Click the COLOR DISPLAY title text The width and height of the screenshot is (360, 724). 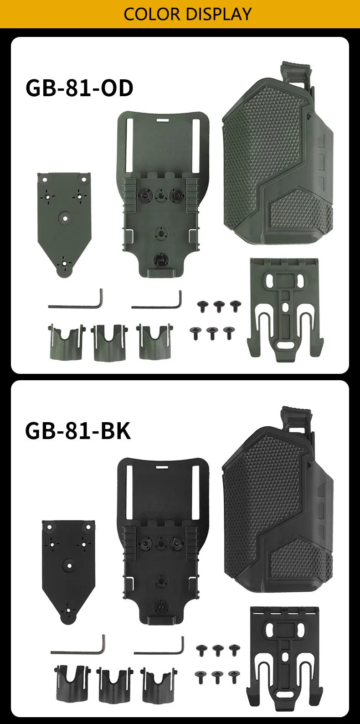(x=187, y=14)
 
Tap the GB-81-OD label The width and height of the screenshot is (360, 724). (x=79, y=88)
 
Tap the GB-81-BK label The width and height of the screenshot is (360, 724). (x=78, y=431)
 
